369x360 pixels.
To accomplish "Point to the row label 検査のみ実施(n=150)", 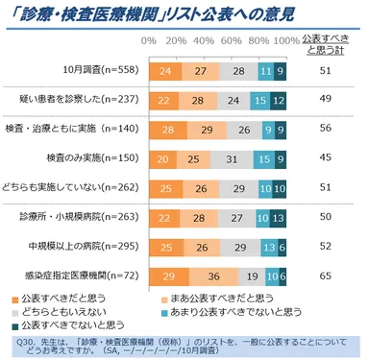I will pyautogui.click(x=94, y=157).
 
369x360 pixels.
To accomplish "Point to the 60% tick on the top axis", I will pyautogui.click(x=231, y=41).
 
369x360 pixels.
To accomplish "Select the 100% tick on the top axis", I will pyautogui.click(x=285, y=41).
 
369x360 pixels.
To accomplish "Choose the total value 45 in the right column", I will pyautogui.click(x=326, y=157).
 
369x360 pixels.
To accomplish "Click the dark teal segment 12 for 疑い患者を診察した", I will pyautogui.click(x=278, y=100).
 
